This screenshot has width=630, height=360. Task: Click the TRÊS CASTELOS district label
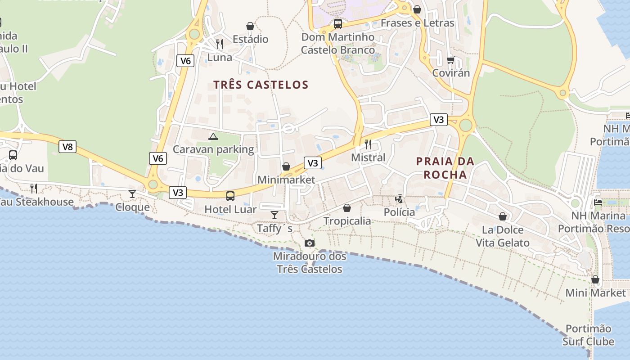pyautogui.click(x=261, y=85)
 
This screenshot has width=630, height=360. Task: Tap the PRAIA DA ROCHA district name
pyautogui.click(x=445, y=168)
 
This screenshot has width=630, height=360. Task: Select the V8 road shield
pyautogui.click(x=67, y=146)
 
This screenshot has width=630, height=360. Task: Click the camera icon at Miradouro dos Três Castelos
pyautogui.click(x=309, y=243)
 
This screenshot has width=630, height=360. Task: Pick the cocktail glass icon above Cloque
pyautogui.click(x=132, y=194)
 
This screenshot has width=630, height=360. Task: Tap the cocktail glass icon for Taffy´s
pyautogui.click(x=274, y=215)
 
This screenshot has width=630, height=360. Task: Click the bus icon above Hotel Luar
pyautogui.click(x=230, y=196)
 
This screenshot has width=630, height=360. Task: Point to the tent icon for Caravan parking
pyautogui.click(x=213, y=136)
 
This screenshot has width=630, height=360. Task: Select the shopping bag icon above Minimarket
pyautogui.click(x=286, y=167)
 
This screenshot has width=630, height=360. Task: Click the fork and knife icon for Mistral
pyautogui.click(x=368, y=144)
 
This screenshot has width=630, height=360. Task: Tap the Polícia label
pyautogui.click(x=400, y=212)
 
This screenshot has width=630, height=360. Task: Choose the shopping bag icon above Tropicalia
pyautogui.click(x=347, y=208)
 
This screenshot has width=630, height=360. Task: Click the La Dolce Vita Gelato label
pyautogui.click(x=503, y=236)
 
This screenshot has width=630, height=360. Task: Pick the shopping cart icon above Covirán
pyautogui.click(x=450, y=60)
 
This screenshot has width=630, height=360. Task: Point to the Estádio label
pyautogui.click(x=250, y=39)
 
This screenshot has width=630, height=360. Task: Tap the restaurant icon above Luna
pyautogui.click(x=220, y=44)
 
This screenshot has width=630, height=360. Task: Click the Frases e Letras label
pyautogui.click(x=417, y=22)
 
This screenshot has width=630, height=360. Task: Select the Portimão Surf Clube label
pyautogui.click(x=588, y=335)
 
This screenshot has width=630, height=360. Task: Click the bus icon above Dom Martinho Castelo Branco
pyautogui.click(x=338, y=24)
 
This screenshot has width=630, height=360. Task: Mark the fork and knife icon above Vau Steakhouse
pyautogui.click(x=34, y=188)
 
